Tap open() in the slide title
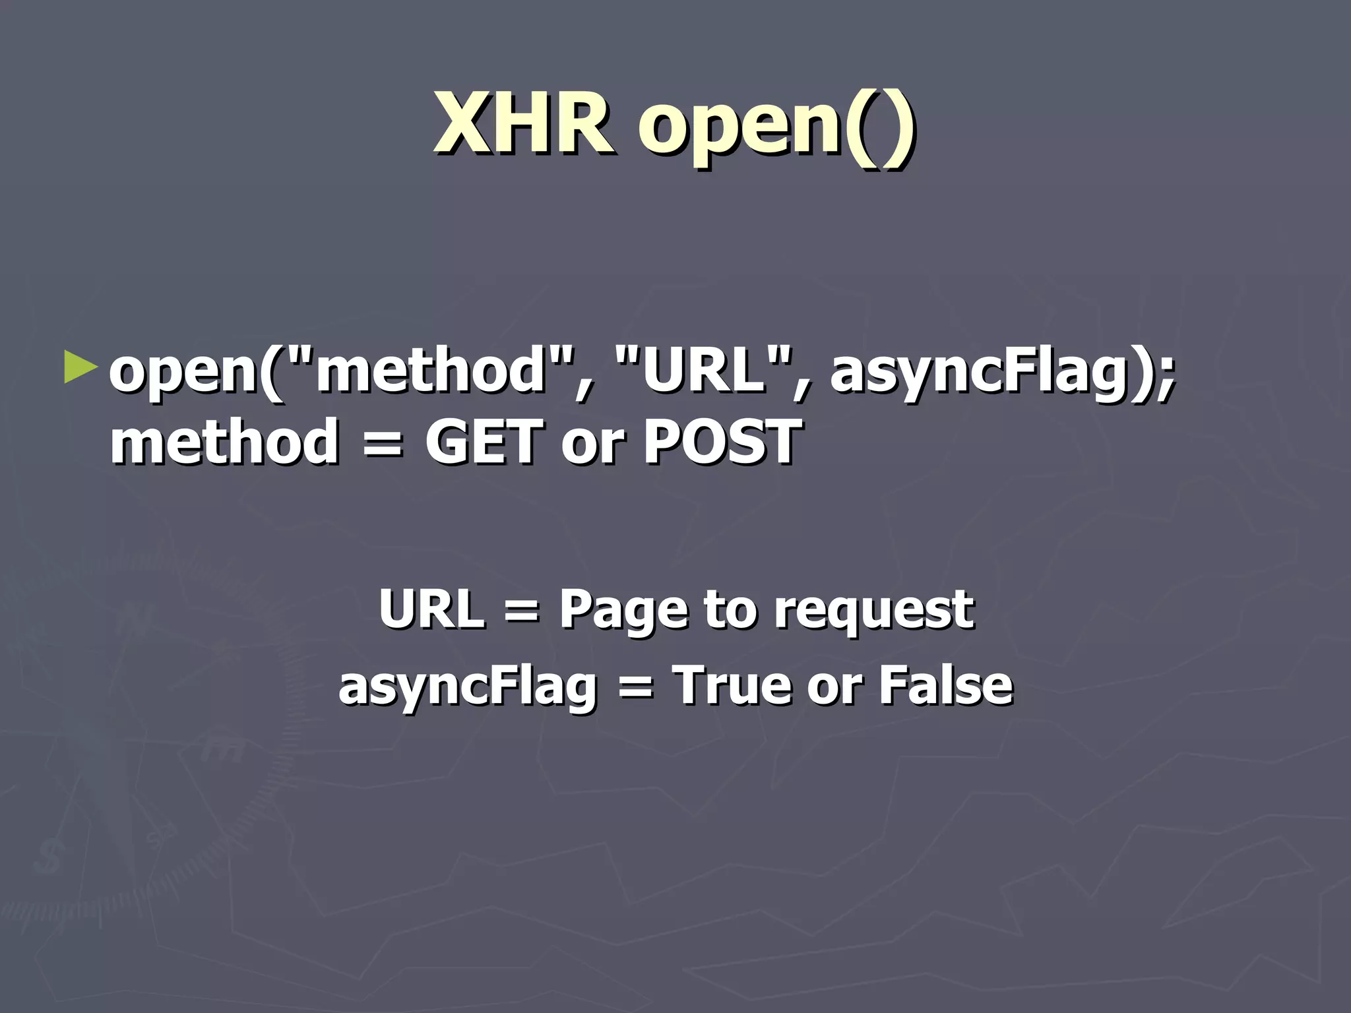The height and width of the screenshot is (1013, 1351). pyautogui.click(x=776, y=125)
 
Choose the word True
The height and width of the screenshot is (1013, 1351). pyautogui.click(x=731, y=685)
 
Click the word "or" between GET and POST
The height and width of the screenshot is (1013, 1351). pyautogui.click(x=591, y=443)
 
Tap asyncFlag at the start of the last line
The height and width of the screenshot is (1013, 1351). pyautogui.click(x=468, y=687)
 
